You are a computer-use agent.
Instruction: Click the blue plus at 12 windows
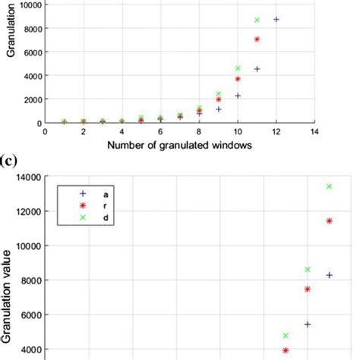pos(276,19)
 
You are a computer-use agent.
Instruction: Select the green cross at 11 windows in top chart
pos(257,20)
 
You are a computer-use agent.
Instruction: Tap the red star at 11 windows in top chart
pos(257,39)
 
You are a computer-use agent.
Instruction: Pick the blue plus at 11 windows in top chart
pos(257,68)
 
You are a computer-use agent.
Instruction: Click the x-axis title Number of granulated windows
pos(179,145)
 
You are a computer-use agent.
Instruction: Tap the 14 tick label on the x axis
pos(314,131)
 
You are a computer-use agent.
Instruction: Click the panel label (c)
pos(11,161)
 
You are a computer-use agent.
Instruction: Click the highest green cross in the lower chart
pos(329,186)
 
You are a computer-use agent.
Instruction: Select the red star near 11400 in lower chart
pos(329,221)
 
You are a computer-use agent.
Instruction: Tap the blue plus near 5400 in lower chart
pos(308,324)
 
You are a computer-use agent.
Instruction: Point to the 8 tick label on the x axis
pos(199,131)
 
